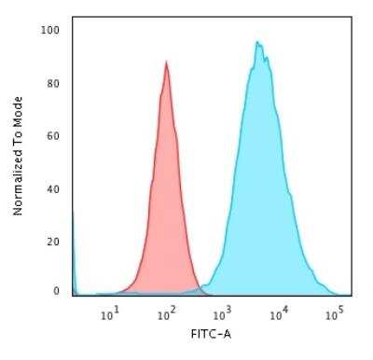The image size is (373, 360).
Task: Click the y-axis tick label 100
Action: click(x=52, y=30)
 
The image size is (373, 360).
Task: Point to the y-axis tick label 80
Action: click(x=54, y=83)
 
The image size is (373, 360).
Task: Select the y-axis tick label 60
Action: click(x=54, y=136)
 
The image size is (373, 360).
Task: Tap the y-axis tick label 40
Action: click(x=54, y=189)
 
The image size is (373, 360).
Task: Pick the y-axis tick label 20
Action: click(x=54, y=242)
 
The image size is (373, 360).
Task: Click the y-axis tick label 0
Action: click(x=57, y=292)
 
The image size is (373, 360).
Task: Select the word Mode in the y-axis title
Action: click(x=18, y=111)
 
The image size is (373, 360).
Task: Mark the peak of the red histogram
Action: click(x=166, y=63)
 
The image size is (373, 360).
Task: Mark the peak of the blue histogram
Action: click(x=257, y=43)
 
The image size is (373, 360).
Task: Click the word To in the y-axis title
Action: click(x=18, y=137)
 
